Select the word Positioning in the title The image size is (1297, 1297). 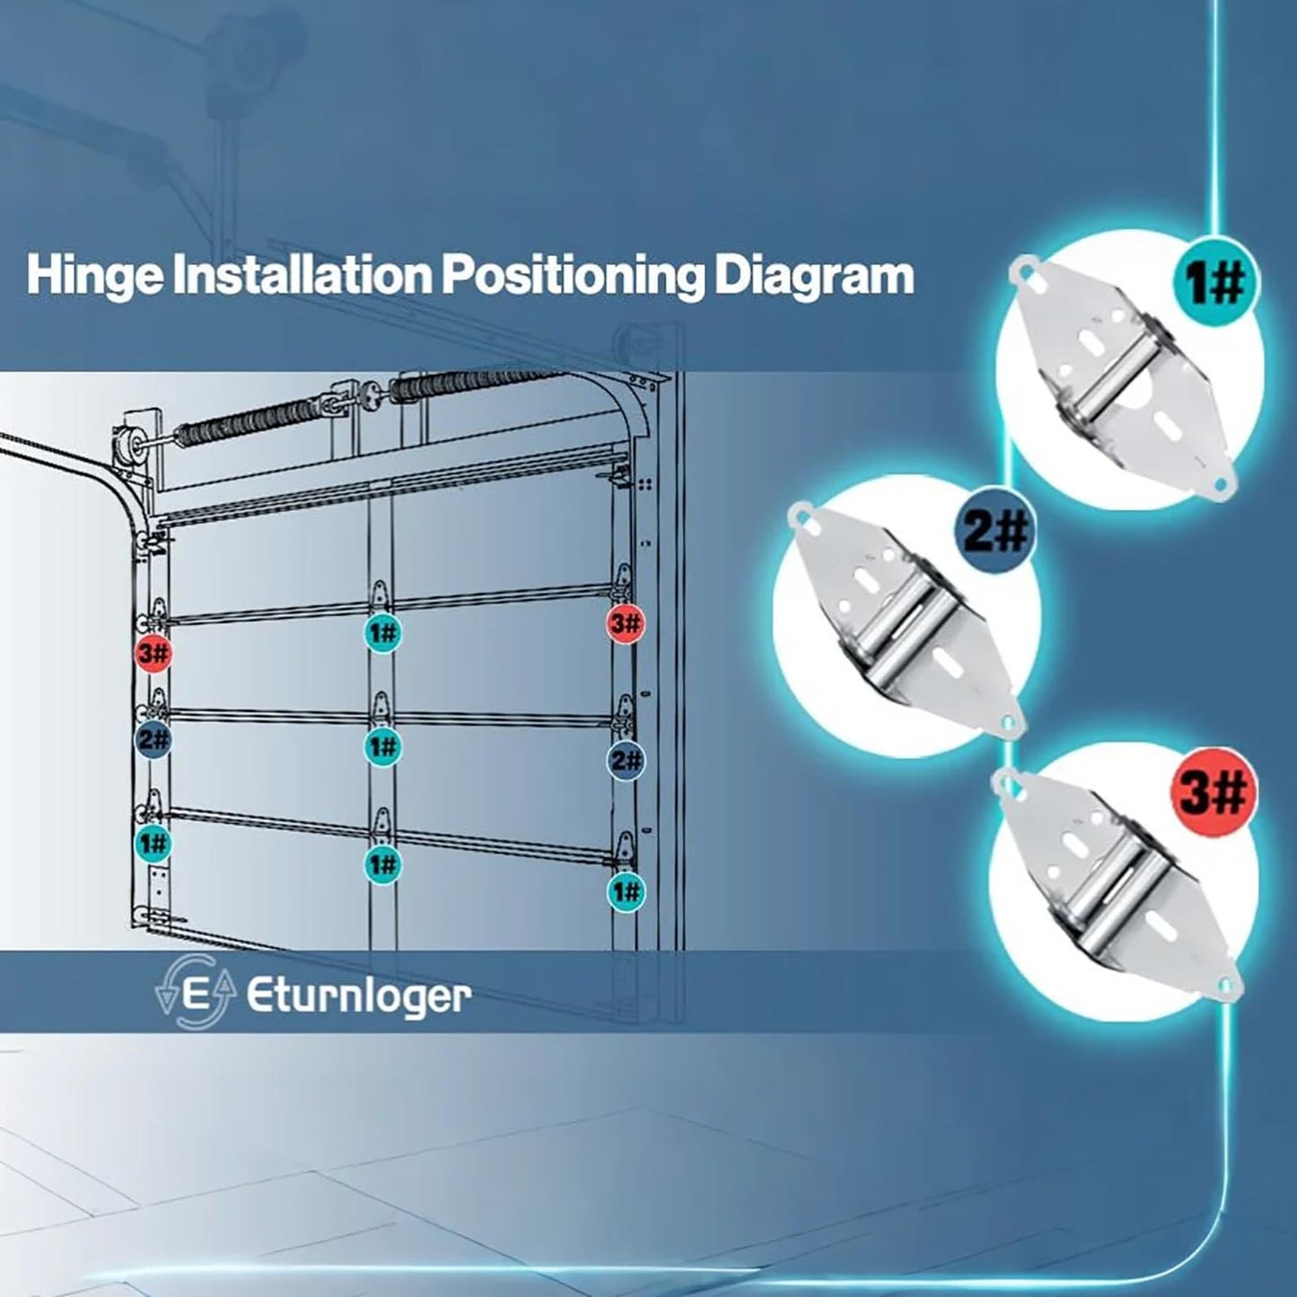(x=571, y=276)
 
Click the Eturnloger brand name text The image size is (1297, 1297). (x=358, y=995)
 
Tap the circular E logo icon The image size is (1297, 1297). (x=196, y=995)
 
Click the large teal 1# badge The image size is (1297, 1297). (x=1215, y=284)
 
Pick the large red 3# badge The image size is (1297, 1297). (x=1212, y=793)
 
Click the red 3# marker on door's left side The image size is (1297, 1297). (x=153, y=653)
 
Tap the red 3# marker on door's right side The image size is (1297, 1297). (x=625, y=622)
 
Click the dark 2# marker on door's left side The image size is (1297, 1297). (x=153, y=740)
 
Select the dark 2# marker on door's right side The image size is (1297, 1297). (x=626, y=761)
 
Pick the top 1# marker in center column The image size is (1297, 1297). (x=382, y=633)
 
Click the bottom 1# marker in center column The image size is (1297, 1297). (x=382, y=863)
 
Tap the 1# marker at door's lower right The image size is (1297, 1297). (x=626, y=891)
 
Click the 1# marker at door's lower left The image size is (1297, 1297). (x=153, y=843)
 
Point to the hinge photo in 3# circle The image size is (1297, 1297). (x=1117, y=884)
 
